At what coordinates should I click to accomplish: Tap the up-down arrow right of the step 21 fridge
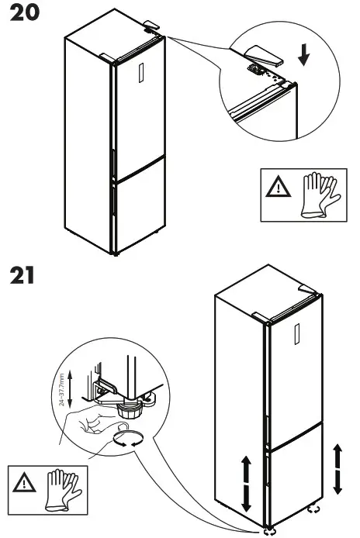(337, 469)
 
